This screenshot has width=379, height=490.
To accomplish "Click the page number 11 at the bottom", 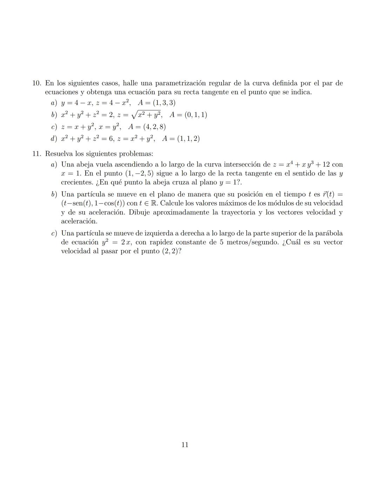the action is [x=185, y=445].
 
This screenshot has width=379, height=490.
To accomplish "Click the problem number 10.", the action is [x=37, y=83].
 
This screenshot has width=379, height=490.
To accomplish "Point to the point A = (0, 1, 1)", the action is [x=188, y=115].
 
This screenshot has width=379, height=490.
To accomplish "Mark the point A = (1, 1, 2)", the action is [x=181, y=139].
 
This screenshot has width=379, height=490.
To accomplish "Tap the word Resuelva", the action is [x=59, y=154].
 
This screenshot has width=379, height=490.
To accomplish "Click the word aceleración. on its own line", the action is [x=79, y=221].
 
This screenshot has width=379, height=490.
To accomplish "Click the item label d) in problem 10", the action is [x=54, y=139].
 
